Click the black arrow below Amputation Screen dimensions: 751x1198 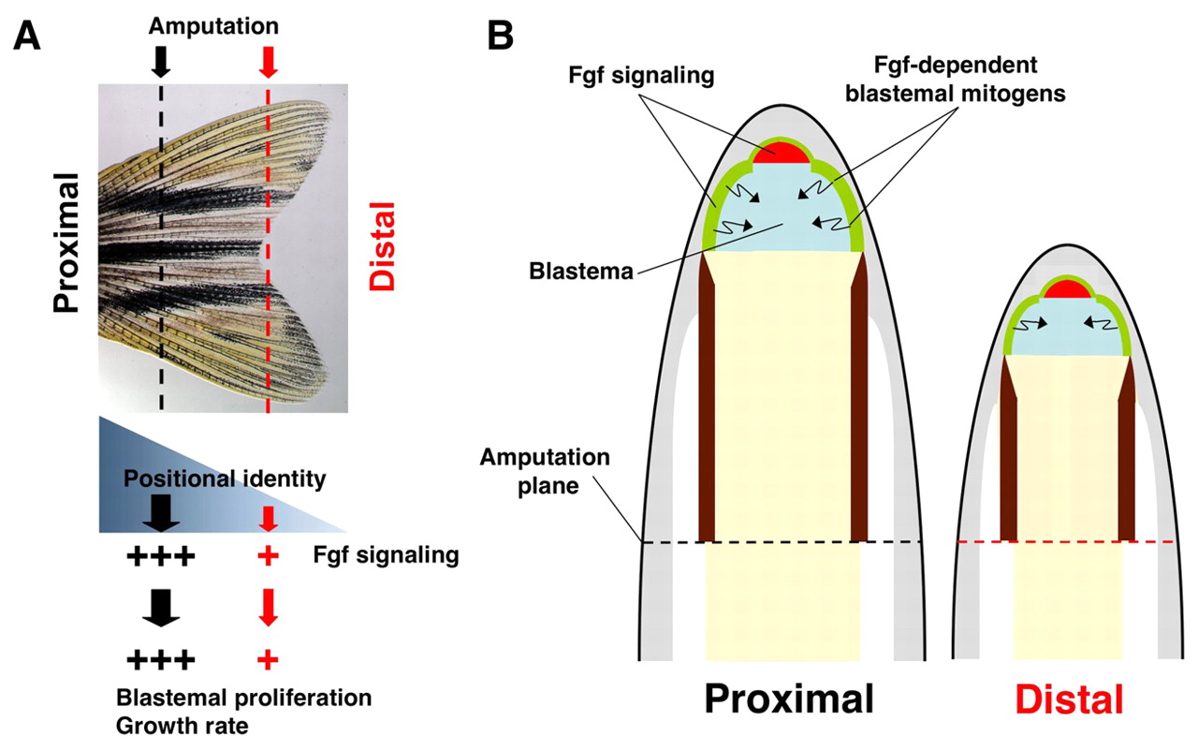point(161,62)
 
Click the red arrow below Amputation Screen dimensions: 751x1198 point(269,62)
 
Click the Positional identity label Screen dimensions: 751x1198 point(225,480)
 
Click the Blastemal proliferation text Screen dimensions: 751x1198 point(243,699)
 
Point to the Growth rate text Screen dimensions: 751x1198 point(176,725)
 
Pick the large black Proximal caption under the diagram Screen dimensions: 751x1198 point(789,699)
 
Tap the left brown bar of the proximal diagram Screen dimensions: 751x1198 point(707,403)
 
